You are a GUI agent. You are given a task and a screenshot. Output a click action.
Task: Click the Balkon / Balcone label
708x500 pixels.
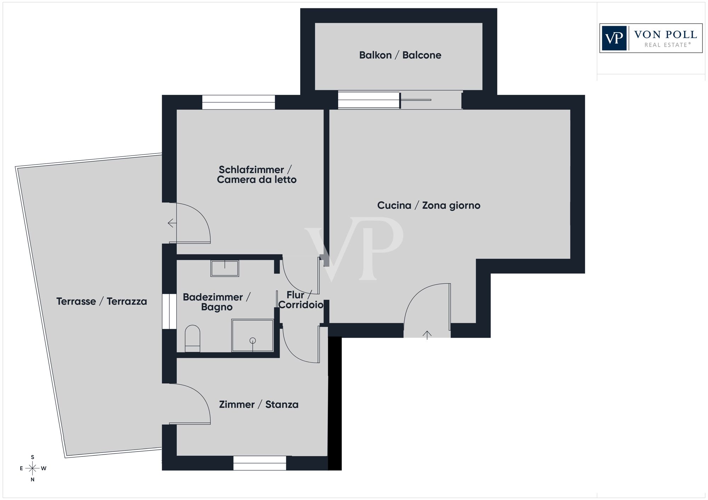400,55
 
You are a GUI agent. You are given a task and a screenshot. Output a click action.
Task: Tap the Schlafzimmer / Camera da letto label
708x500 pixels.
257,175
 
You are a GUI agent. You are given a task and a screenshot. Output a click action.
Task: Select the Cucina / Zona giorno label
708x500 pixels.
429,205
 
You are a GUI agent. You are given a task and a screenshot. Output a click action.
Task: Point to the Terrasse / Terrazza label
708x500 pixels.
102,302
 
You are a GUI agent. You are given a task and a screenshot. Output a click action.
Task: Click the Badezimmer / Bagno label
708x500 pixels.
217,302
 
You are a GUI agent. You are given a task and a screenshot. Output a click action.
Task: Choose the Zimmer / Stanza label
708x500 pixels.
259,405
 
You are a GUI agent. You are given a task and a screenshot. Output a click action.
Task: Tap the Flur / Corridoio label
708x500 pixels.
301,300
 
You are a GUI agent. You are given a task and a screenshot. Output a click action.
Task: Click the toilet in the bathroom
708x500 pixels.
193,338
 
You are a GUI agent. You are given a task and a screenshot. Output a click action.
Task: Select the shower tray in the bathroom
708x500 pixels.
252,336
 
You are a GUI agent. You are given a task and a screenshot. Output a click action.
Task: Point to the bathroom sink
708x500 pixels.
225,268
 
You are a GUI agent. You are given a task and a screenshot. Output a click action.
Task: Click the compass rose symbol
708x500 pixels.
33,469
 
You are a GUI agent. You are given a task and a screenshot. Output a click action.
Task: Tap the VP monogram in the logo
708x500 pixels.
614,38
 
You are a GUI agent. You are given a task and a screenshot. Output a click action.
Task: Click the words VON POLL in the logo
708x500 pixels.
666,35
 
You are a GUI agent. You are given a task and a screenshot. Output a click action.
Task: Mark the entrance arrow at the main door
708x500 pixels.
427,335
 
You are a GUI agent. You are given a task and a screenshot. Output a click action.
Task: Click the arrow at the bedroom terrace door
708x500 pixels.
172,223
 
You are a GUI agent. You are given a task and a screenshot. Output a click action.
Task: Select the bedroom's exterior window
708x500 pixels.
239,102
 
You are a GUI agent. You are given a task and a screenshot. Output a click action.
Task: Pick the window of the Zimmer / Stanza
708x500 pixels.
259,463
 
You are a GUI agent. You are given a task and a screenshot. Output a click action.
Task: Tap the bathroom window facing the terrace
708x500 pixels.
169,311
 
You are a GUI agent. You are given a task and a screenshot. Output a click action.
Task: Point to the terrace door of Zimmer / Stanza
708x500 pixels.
189,403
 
